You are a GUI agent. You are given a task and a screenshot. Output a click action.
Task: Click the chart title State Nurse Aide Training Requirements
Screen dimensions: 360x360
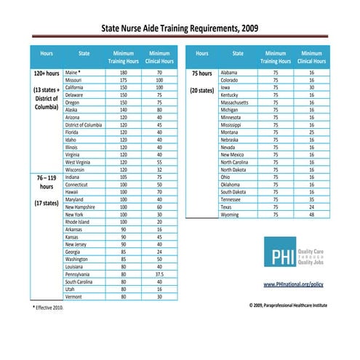[179, 29]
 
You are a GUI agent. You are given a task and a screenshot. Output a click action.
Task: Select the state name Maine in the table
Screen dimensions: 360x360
[72, 73]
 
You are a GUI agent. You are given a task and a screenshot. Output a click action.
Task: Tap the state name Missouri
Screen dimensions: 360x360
[73, 81]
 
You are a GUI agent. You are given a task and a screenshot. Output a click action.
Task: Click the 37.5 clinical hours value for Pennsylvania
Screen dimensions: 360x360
[159, 274]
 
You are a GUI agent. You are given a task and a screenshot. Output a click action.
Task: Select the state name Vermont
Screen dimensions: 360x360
[73, 297]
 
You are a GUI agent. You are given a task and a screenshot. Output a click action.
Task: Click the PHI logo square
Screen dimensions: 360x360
[279, 256]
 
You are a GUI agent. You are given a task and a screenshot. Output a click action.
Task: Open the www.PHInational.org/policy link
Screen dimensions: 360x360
[292, 284]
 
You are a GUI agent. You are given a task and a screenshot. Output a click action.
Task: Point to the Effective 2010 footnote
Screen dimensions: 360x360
[48, 308]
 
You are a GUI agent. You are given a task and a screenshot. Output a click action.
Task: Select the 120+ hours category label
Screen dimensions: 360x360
[46, 74]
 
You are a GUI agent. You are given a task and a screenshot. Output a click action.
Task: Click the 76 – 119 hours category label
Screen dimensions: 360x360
[46, 181]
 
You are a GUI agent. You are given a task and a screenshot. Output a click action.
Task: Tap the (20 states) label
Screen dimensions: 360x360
[202, 91]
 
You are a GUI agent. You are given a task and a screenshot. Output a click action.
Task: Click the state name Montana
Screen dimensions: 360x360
[230, 132]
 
